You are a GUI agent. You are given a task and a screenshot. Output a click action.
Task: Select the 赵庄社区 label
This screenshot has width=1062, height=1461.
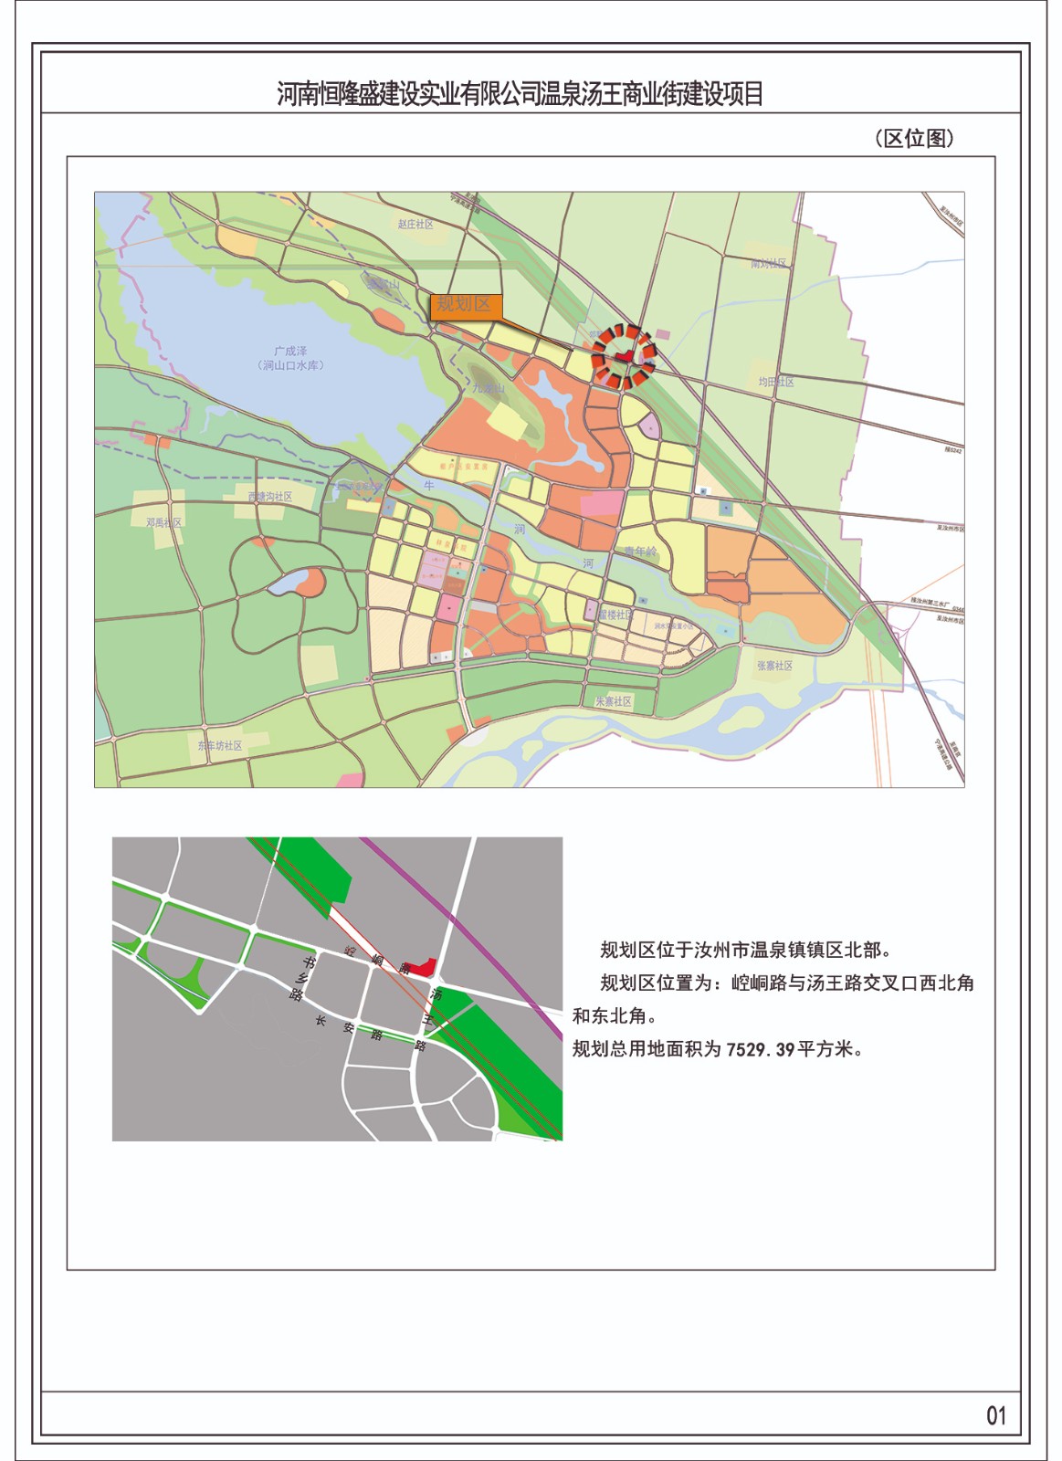coord(415,224)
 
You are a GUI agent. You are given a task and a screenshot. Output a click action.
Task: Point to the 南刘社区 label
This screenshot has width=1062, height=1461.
coord(768,264)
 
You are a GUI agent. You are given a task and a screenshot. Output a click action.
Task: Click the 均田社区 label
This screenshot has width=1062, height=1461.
coord(775,383)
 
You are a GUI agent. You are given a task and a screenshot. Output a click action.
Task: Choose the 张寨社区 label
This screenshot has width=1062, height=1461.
coord(774,666)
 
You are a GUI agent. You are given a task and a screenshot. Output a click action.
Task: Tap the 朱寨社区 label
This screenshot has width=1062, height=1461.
coord(614,701)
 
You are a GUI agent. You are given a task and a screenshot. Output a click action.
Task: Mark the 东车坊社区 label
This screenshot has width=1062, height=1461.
coord(220,746)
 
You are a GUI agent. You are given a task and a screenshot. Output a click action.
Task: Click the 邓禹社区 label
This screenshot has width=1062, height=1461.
coord(164,522)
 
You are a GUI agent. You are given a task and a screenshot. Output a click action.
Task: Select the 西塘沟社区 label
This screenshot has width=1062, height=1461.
coord(270,497)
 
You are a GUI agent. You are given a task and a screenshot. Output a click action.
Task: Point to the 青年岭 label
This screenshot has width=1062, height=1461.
coord(640,552)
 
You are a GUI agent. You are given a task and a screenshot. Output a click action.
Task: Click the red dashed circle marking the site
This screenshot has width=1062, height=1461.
coord(623,354)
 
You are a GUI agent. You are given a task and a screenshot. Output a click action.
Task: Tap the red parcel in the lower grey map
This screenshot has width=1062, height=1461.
coord(422,966)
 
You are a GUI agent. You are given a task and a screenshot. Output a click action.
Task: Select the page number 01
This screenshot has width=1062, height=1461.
coord(995,1415)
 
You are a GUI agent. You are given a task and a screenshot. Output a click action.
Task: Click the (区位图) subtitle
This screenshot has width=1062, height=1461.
coord(914,138)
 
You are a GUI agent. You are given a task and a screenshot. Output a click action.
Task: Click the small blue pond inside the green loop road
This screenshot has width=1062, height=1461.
coord(288,582)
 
